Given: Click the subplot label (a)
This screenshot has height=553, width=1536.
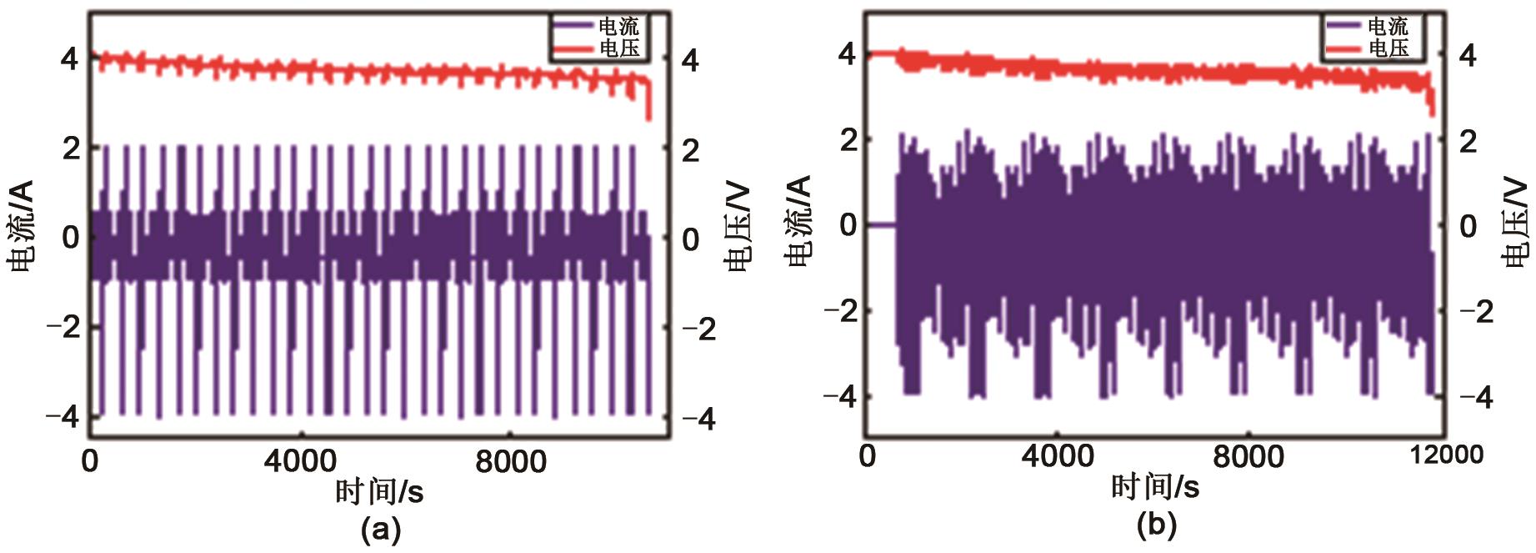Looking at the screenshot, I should (381, 530).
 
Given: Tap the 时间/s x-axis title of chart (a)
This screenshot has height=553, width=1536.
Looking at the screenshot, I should (380, 492).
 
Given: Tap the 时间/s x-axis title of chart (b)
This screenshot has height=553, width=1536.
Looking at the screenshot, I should (1155, 486).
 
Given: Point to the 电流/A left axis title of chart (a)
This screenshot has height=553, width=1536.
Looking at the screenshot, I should (20, 225).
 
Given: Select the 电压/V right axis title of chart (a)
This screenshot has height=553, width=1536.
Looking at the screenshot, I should (738, 228).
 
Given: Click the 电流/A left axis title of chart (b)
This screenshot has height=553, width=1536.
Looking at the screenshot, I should (798, 221).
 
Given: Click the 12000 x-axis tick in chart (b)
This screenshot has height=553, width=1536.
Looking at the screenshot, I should (1446, 455).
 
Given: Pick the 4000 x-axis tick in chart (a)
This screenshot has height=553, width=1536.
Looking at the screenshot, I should (300, 461).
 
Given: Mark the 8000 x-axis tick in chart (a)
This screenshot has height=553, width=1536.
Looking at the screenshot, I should (511, 461).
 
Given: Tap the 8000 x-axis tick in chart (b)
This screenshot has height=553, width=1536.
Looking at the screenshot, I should (1248, 456).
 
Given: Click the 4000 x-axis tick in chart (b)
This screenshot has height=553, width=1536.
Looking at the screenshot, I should (1057, 456).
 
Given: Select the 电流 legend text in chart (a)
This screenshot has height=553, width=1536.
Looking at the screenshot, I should (619, 27).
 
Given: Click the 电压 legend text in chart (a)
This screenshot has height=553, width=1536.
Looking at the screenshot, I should (619, 48).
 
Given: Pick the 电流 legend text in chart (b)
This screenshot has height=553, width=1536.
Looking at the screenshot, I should (1388, 27).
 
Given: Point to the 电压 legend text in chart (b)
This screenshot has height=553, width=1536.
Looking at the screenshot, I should (1388, 48).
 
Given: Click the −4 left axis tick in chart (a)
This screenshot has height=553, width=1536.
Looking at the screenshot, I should (63, 415).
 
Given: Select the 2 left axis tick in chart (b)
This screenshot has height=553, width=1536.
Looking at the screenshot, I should (848, 139).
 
